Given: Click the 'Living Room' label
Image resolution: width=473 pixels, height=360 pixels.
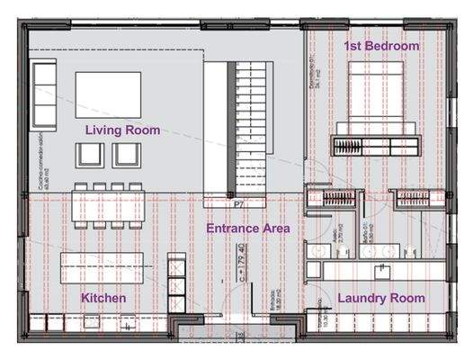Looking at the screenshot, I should coord(122,130).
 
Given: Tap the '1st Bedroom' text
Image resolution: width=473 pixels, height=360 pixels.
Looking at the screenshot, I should coord(381,45).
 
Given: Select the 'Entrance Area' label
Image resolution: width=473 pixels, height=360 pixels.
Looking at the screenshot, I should coord(247,229).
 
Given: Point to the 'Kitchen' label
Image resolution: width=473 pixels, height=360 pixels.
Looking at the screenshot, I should coord(103,298).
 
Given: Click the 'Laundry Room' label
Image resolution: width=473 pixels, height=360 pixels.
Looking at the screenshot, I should coord(380,298).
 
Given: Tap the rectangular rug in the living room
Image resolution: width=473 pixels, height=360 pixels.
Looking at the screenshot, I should coord(108,94).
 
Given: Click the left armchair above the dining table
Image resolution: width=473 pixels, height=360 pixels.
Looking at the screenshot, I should coord(90,155).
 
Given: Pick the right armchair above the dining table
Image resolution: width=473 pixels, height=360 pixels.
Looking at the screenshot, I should coord(127,155).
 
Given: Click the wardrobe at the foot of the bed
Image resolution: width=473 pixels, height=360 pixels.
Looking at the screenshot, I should coord(375,144).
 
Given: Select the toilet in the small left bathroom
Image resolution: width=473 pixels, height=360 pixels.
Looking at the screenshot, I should coord(314,250).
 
